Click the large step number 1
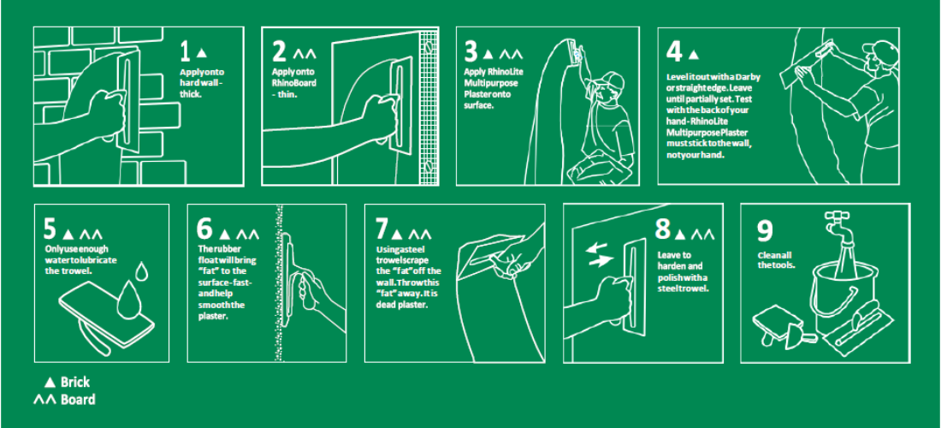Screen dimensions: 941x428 (x=186, y=52)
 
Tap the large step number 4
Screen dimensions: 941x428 (x=675, y=52)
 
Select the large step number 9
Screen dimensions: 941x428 (x=765, y=231)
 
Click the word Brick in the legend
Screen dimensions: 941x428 (x=75, y=382)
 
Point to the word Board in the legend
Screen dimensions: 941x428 (x=78, y=399)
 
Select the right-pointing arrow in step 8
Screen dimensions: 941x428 (x=601, y=260)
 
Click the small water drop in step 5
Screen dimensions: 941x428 (x=142, y=270)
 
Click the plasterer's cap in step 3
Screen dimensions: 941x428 (x=609, y=80)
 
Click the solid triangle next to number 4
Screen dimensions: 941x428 (x=693, y=55)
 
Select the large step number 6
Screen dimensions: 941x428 (x=204, y=229)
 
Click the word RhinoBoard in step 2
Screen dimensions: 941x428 (x=294, y=83)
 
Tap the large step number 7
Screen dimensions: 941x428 (x=382, y=230)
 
